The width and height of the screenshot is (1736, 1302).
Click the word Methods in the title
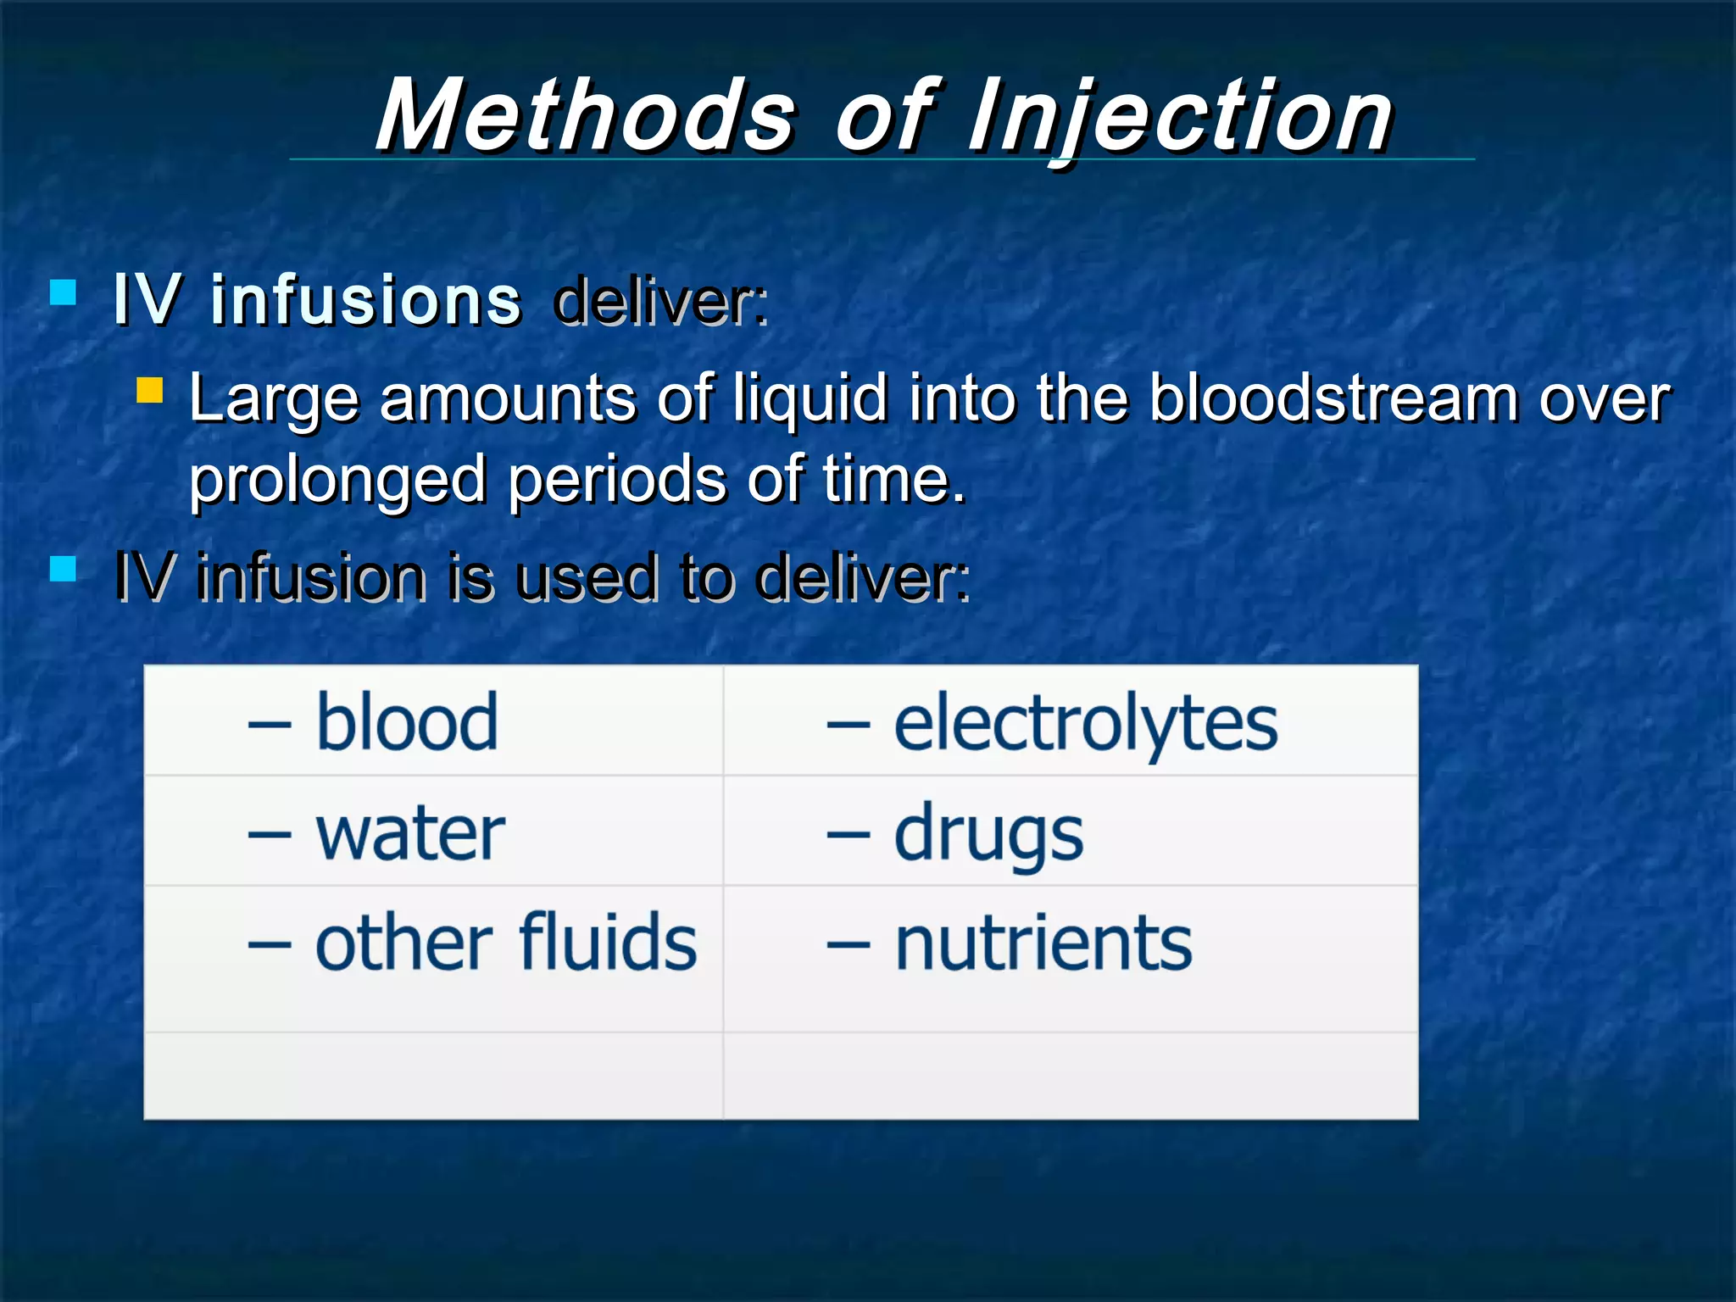[585, 115]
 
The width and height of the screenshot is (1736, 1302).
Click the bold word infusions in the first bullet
[365, 300]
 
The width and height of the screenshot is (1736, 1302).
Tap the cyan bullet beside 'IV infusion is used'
[64, 568]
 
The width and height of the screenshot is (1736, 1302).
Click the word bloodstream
[1333, 398]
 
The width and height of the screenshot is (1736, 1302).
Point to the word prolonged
[337, 481]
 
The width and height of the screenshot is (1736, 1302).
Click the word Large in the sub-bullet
[273, 399]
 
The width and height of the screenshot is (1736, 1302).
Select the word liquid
[810, 398]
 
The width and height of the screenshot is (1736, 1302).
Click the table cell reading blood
[406, 722]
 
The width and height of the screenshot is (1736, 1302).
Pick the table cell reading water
[410, 834]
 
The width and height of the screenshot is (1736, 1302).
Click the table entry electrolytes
[1085, 724]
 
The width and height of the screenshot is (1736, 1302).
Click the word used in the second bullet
[587, 578]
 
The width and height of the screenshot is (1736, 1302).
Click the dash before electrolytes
[848, 726]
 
